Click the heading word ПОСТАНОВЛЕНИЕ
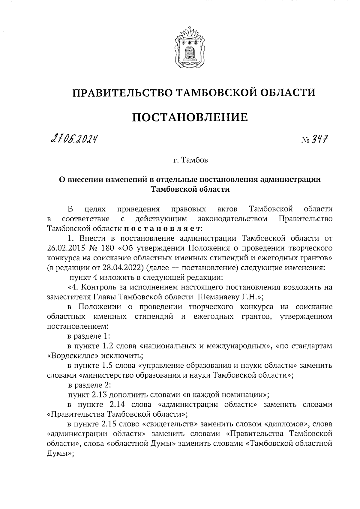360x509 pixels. pos(190,117)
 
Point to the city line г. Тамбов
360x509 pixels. pos(190,160)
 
